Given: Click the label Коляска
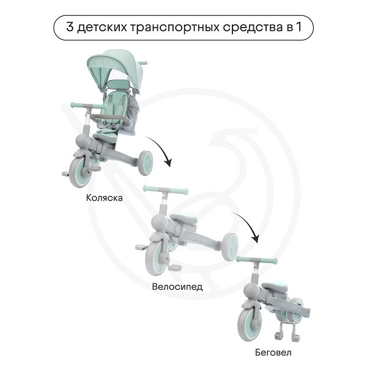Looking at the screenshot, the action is (x=104, y=198).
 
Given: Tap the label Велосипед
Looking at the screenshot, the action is (x=177, y=286).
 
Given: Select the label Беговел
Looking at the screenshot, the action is (x=273, y=352).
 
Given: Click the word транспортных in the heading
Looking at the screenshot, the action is (x=174, y=28).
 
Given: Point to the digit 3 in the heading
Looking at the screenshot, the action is (x=70, y=27).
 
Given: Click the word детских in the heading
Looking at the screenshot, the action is (x=102, y=28).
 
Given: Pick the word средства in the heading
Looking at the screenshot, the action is (x=253, y=27).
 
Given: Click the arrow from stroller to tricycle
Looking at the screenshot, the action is (x=161, y=148).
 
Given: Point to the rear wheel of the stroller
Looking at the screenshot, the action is (x=146, y=163).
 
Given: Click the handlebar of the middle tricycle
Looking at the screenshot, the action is (x=165, y=190).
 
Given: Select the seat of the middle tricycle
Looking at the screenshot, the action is (x=183, y=218).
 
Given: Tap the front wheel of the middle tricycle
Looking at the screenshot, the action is (x=157, y=258).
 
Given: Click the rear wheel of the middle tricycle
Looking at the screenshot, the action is (x=230, y=247).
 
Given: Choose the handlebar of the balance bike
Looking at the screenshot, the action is (x=257, y=259).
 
